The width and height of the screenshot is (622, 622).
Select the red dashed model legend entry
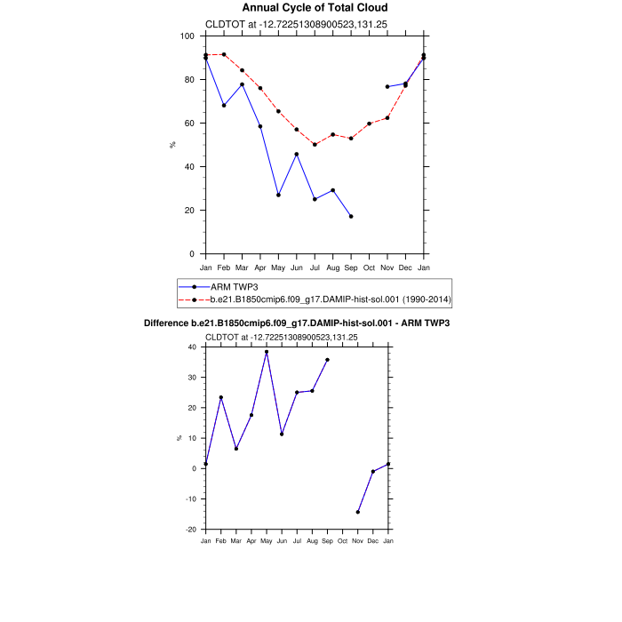(329, 299)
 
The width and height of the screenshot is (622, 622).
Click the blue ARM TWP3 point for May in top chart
(278, 195)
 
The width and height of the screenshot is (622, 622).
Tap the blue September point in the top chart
(351, 216)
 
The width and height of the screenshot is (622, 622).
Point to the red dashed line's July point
(315, 144)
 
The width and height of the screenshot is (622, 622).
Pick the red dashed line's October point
(370, 124)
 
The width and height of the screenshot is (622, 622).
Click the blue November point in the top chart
(387, 86)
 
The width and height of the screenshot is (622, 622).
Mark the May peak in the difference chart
(267, 352)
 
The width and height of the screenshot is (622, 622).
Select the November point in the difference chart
(358, 512)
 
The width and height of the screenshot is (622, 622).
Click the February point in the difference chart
(221, 397)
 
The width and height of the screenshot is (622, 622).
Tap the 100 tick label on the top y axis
(187, 36)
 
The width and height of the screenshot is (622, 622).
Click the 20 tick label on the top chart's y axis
(189, 211)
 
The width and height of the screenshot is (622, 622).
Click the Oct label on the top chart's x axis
(370, 267)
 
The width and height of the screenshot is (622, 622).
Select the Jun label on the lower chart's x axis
(282, 541)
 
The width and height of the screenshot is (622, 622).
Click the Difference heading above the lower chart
(297, 324)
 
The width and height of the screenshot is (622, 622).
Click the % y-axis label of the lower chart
(179, 438)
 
